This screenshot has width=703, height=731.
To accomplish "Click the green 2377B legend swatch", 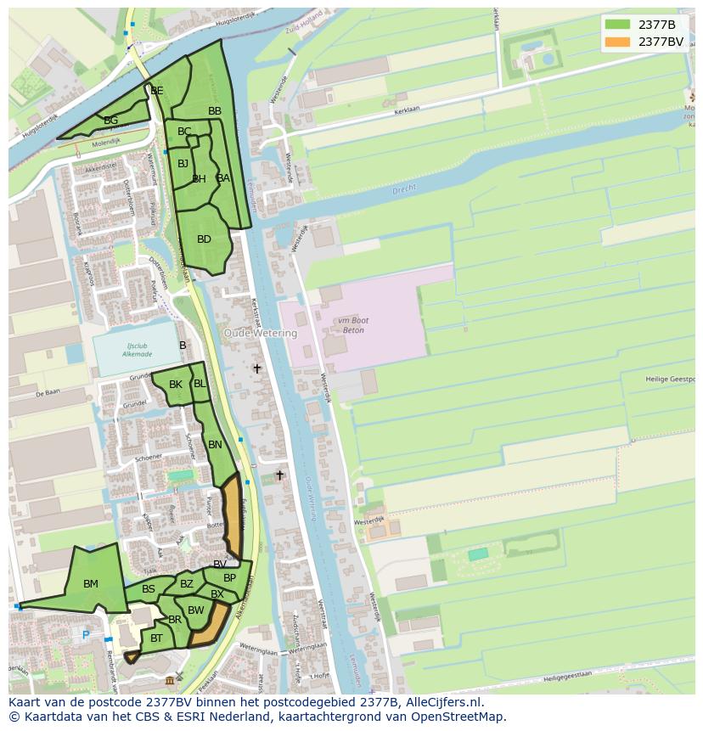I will [617, 25].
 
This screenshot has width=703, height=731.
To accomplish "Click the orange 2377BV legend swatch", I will [617, 42].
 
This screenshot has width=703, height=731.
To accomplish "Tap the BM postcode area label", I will [91, 584].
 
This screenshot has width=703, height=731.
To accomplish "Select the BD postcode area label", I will [204, 239].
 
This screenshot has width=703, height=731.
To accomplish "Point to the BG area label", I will [111, 121].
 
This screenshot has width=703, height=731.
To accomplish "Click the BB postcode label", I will [215, 111].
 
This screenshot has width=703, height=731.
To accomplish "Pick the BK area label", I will [176, 385].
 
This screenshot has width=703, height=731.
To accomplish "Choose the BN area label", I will [215, 445].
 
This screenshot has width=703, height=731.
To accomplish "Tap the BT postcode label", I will [157, 638].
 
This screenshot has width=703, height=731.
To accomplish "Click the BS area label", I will [149, 589].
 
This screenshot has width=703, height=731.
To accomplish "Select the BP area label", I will [229, 578].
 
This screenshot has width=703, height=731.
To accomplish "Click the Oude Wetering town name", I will [261, 334].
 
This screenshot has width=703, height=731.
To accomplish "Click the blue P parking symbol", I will [86, 635].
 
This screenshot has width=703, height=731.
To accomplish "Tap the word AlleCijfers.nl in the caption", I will [441, 703].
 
